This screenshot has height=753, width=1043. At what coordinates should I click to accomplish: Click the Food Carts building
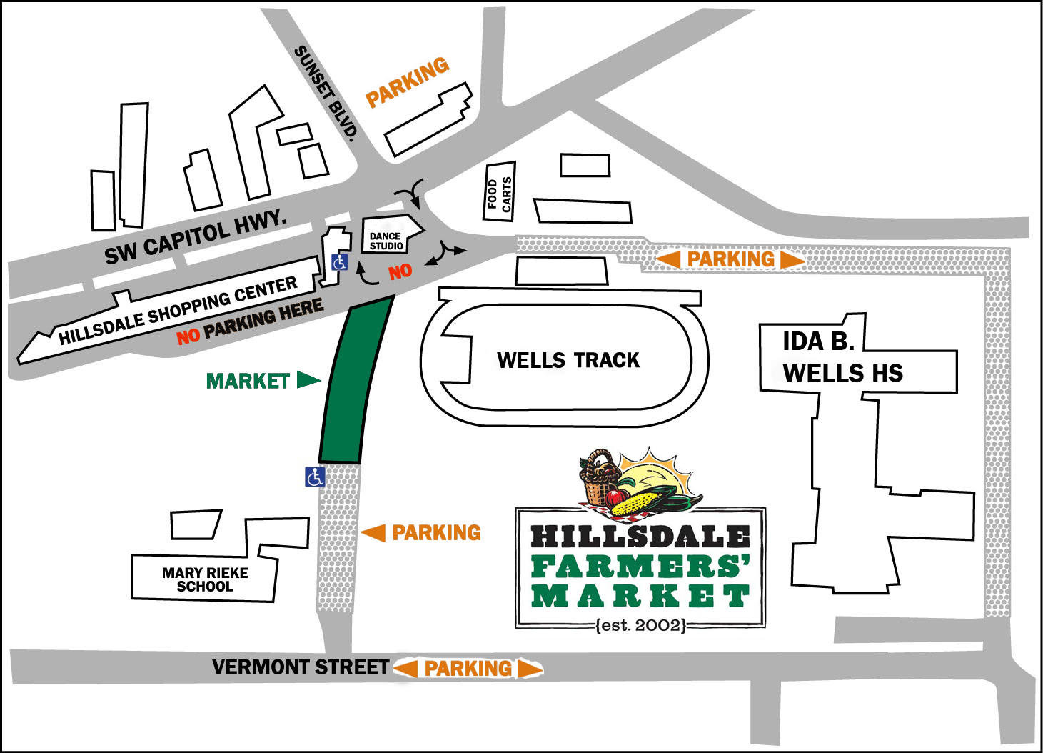[x=500, y=191]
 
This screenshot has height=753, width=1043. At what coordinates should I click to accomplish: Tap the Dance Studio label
[x=386, y=241]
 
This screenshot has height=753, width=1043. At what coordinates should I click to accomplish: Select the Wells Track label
[x=568, y=360]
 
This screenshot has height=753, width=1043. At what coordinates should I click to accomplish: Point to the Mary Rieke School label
[x=205, y=579]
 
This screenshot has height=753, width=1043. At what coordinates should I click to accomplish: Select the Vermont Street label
[x=301, y=667]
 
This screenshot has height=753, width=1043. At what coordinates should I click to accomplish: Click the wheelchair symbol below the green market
[x=315, y=476]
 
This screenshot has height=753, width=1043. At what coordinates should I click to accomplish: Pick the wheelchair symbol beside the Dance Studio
[x=340, y=262]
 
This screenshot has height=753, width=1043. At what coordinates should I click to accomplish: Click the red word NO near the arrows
[x=400, y=271]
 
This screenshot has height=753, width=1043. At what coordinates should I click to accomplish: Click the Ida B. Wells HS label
[x=842, y=357]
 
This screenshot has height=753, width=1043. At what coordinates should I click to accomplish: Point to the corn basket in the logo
[x=601, y=479]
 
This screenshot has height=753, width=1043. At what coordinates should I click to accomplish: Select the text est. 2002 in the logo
[x=640, y=625]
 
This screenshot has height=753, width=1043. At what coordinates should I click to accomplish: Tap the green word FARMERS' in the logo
[x=640, y=567]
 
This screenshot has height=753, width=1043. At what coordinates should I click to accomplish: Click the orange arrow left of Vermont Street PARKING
[x=405, y=668]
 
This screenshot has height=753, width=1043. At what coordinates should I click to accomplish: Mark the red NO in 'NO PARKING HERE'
[x=188, y=336]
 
